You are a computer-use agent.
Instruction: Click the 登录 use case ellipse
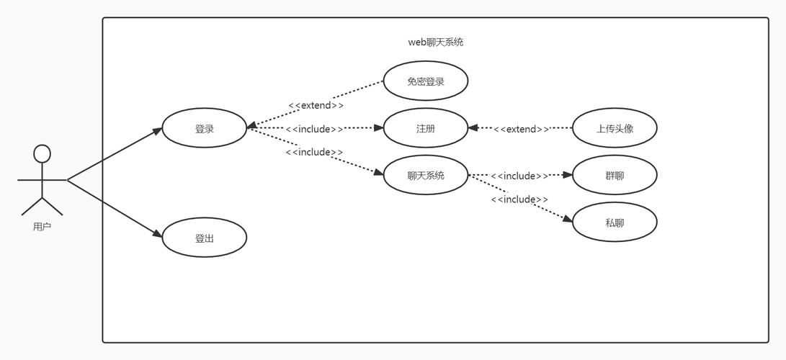pyautogui.click(x=205, y=129)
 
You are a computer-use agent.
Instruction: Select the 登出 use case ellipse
pyautogui.click(x=205, y=238)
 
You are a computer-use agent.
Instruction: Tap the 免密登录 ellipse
pyautogui.click(x=426, y=81)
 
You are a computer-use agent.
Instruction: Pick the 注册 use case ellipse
pyautogui.click(x=426, y=129)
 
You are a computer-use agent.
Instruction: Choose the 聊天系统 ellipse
pyautogui.click(x=426, y=175)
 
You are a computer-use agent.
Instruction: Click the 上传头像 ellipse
pyautogui.click(x=615, y=129)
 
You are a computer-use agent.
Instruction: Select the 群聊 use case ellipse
pyautogui.click(x=615, y=175)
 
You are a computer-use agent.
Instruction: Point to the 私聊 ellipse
pyautogui.click(x=615, y=222)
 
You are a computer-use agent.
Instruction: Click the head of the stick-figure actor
pyautogui.click(x=43, y=153)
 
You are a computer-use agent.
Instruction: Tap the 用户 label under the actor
pyautogui.click(x=43, y=227)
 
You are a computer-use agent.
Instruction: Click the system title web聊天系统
pyautogui.click(x=435, y=42)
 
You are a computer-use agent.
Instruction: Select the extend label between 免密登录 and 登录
pyautogui.click(x=316, y=105)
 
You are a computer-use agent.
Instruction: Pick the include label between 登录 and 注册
pyautogui.click(x=314, y=129)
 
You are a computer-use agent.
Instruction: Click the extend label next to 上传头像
pyautogui.click(x=521, y=129)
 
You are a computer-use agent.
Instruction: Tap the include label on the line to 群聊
pyautogui.click(x=519, y=176)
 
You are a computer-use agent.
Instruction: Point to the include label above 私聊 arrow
pyautogui.click(x=519, y=199)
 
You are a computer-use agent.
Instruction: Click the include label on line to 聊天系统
pyautogui.click(x=314, y=152)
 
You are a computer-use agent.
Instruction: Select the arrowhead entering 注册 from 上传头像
pyautogui.click(x=473, y=129)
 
